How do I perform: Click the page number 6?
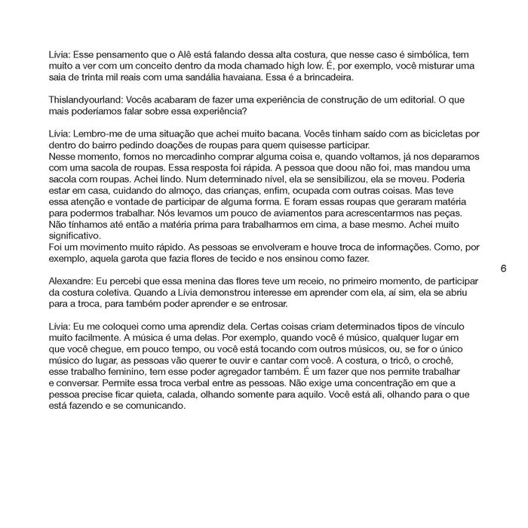click(502, 268)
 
